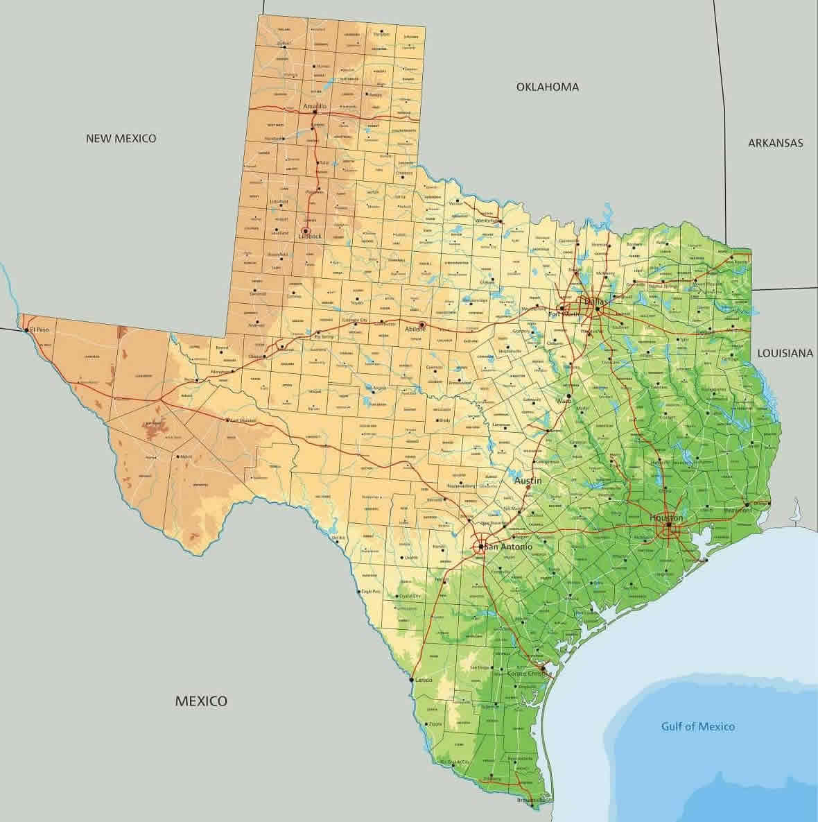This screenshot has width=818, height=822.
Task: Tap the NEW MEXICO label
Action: click(x=121, y=138)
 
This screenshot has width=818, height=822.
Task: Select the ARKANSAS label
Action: click(x=775, y=143)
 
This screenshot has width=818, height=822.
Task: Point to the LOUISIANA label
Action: click(x=785, y=353)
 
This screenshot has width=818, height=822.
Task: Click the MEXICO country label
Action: click(x=200, y=701)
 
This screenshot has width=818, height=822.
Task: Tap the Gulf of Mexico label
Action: click(x=697, y=726)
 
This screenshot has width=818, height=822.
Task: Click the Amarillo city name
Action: click(x=314, y=106)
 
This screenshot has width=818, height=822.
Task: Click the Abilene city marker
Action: click(x=422, y=324)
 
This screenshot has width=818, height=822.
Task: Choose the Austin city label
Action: click(x=528, y=480)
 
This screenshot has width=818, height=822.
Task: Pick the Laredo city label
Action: click(x=424, y=680)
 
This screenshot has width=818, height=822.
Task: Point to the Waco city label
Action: click(x=563, y=400)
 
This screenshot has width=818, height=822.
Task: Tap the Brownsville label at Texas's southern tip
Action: click(x=531, y=800)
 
